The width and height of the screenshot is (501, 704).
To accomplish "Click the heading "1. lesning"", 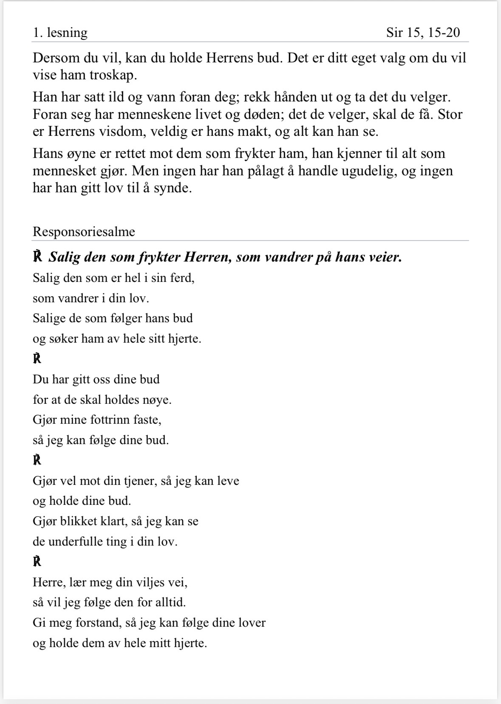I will pos(60,33).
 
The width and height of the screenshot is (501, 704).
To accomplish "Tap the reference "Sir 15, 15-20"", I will pos(423,33).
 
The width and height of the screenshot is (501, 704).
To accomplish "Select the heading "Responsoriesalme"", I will pos(84,231).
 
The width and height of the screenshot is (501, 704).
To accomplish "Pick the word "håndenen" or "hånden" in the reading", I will pos(294,97).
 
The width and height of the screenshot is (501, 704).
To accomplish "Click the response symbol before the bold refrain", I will pos(37,257).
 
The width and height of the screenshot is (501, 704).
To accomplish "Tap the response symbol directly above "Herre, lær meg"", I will pos(37,562).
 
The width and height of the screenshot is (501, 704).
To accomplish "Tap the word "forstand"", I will pos(96,623).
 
